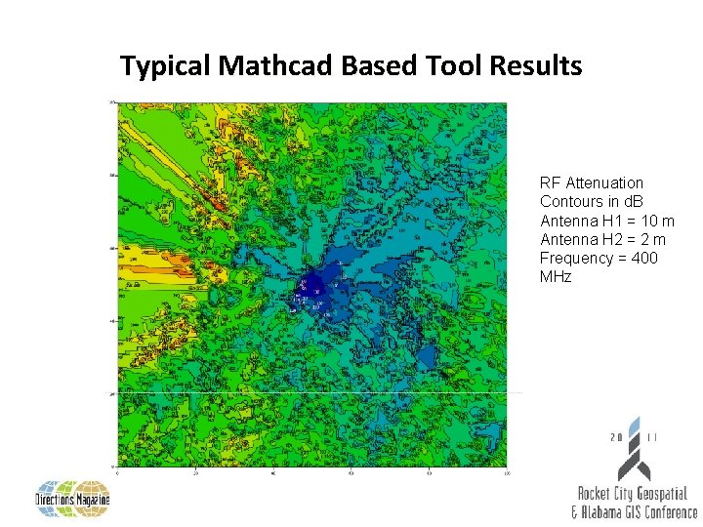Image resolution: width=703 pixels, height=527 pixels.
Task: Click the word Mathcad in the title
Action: point(278,66)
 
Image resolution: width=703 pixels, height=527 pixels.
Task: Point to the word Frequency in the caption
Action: point(577,258)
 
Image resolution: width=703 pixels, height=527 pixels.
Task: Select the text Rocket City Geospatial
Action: point(632,494)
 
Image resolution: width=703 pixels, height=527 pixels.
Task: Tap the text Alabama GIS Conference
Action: point(640,511)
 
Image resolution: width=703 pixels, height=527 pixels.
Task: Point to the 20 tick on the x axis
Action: point(195,474)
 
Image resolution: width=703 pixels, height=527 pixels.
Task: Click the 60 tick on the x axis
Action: point(351,474)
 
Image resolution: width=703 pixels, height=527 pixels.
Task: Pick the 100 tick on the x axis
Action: point(506,474)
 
